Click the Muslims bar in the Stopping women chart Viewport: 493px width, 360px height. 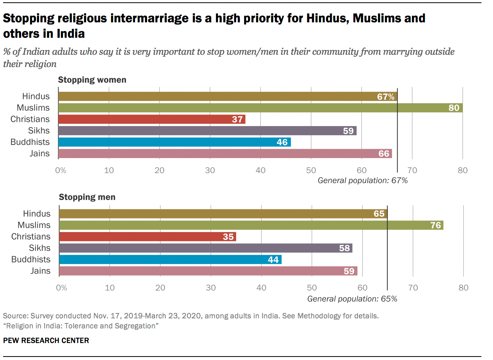(260, 108)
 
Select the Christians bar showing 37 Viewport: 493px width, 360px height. (152, 119)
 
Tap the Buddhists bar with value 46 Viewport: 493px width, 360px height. (174, 142)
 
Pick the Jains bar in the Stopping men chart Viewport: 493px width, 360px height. (208, 271)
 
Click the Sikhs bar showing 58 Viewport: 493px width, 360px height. (206, 248)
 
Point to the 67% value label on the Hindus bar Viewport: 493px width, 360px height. (385, 97)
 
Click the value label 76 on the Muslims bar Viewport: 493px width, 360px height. (435, 225)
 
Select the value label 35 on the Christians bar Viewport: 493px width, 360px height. (228, 237)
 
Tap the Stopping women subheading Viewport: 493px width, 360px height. (92, 80)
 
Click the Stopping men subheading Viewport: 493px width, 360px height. (87, 197)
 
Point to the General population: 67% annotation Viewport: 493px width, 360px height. (363, 180)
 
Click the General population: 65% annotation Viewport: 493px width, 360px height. (352, 298)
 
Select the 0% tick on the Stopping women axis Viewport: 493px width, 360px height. (61, 170)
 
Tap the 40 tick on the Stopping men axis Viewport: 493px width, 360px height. (262, 288)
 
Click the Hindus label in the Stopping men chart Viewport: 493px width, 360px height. (37, 214)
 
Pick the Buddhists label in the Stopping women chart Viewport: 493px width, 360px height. (30, 142)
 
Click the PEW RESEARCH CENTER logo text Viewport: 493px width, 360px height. (46, 340)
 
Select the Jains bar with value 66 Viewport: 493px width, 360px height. (225, 153)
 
